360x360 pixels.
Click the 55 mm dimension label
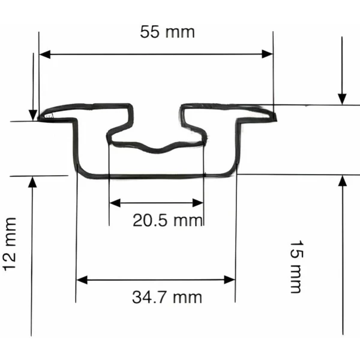click(167, 32)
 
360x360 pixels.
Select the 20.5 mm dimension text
click(168, 221)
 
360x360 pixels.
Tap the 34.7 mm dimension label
click(167, 296)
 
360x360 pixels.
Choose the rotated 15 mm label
click(296, 267)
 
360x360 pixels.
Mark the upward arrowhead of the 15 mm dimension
click(342, 181)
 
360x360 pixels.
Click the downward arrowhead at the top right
click(342, 98)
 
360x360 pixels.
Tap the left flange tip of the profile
click(41, 117)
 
